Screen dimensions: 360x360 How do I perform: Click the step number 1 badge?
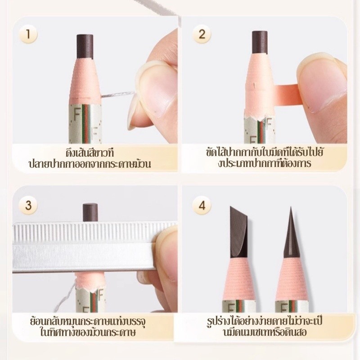pos(28,34)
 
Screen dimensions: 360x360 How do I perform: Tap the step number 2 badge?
pos(202,34)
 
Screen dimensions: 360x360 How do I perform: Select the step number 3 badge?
pos(28,205)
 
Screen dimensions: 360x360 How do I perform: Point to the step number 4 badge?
pos(202,205)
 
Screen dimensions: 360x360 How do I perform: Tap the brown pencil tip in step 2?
pos(260,43)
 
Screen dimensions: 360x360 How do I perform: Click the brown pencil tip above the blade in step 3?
pos(90,212)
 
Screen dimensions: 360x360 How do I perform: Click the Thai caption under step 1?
pos(90,158)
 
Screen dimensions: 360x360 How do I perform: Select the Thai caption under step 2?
pos(265,158)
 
